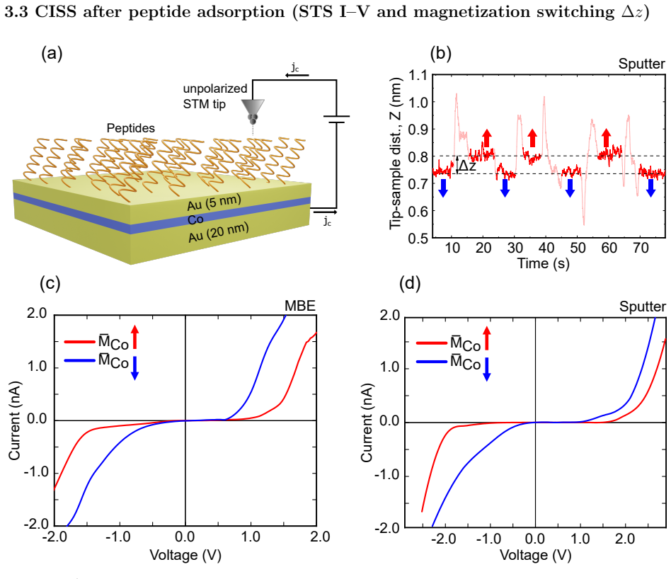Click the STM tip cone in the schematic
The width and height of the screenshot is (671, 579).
click(x=253, y=107)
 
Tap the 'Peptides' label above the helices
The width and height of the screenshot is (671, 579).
click(x=130, y=128)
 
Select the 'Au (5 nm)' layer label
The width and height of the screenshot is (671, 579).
click(x=214, y=202)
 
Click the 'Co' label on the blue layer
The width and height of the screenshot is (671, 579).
click(x=195, y=219)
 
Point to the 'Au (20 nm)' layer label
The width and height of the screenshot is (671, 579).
click(x=219, y=232)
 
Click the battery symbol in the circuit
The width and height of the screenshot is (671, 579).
click(x=336, y=119)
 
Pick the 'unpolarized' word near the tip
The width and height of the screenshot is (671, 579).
click(x=215, y=88)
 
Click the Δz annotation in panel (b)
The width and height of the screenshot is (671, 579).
click(x=467, y=165)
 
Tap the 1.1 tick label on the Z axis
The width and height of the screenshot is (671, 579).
click(x=418, y=76)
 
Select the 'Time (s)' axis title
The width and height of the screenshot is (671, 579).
click(x=544, y=263)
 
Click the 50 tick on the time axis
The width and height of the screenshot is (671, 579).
click(x=578, y=248)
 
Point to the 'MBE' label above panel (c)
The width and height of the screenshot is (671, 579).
click(x=300, y=306)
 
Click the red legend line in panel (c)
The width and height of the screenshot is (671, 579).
click(x=79, y=341)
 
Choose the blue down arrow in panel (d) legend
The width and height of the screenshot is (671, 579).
click(x=486, y=369)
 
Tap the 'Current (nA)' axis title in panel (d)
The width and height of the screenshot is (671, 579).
click(x=367, y=423)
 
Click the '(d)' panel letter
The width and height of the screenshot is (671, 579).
click(x=410, y=283)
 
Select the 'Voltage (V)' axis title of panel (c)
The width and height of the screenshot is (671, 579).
click(x=185, y=555)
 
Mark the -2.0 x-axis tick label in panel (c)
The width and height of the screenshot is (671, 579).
click(x=55, y=537)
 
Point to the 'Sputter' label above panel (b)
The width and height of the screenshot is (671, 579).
click(x=641, y=64)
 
